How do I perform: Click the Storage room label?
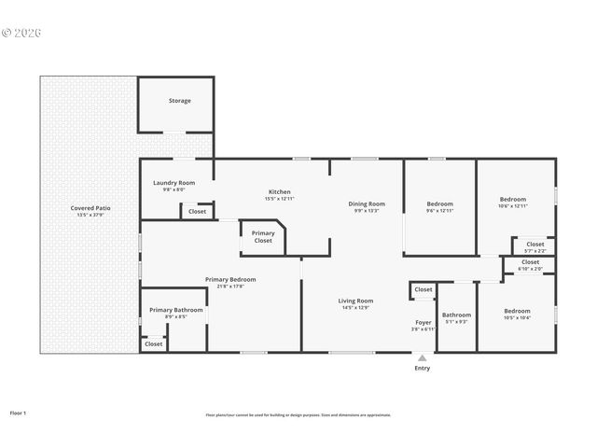(179, 101)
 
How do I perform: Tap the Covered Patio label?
(90, 208)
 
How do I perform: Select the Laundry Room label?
(174, 183)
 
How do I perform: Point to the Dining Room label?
(367, 204)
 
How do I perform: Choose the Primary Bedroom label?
(230, 280)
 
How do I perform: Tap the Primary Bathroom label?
(175, 311)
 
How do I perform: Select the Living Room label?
(355, 301)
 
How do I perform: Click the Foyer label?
(423, 323)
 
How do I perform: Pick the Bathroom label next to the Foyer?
(456, 315)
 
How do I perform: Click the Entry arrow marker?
(423, 357)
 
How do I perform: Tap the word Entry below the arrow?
(423, 369)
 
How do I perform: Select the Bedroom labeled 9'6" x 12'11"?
(439, 204)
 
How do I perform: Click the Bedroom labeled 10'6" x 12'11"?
(512, 200)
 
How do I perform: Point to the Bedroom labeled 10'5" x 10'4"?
(517, 312)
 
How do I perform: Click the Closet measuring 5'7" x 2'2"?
(535, 245)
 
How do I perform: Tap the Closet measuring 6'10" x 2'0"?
(530, 263)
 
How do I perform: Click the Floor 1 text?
(19, 412)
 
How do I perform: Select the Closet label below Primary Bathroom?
(153, 343)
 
